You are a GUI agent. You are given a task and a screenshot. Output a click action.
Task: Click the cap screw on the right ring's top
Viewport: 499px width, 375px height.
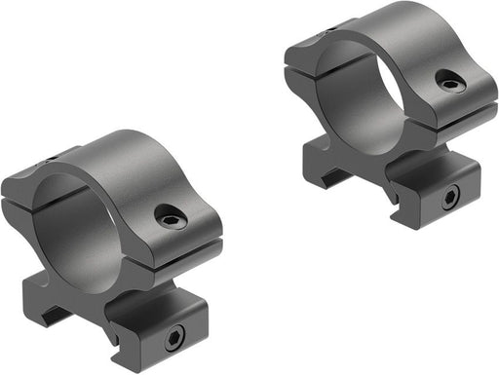(449, 84)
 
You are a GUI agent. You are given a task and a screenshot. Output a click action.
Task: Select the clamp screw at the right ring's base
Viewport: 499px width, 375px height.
(449, 199)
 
